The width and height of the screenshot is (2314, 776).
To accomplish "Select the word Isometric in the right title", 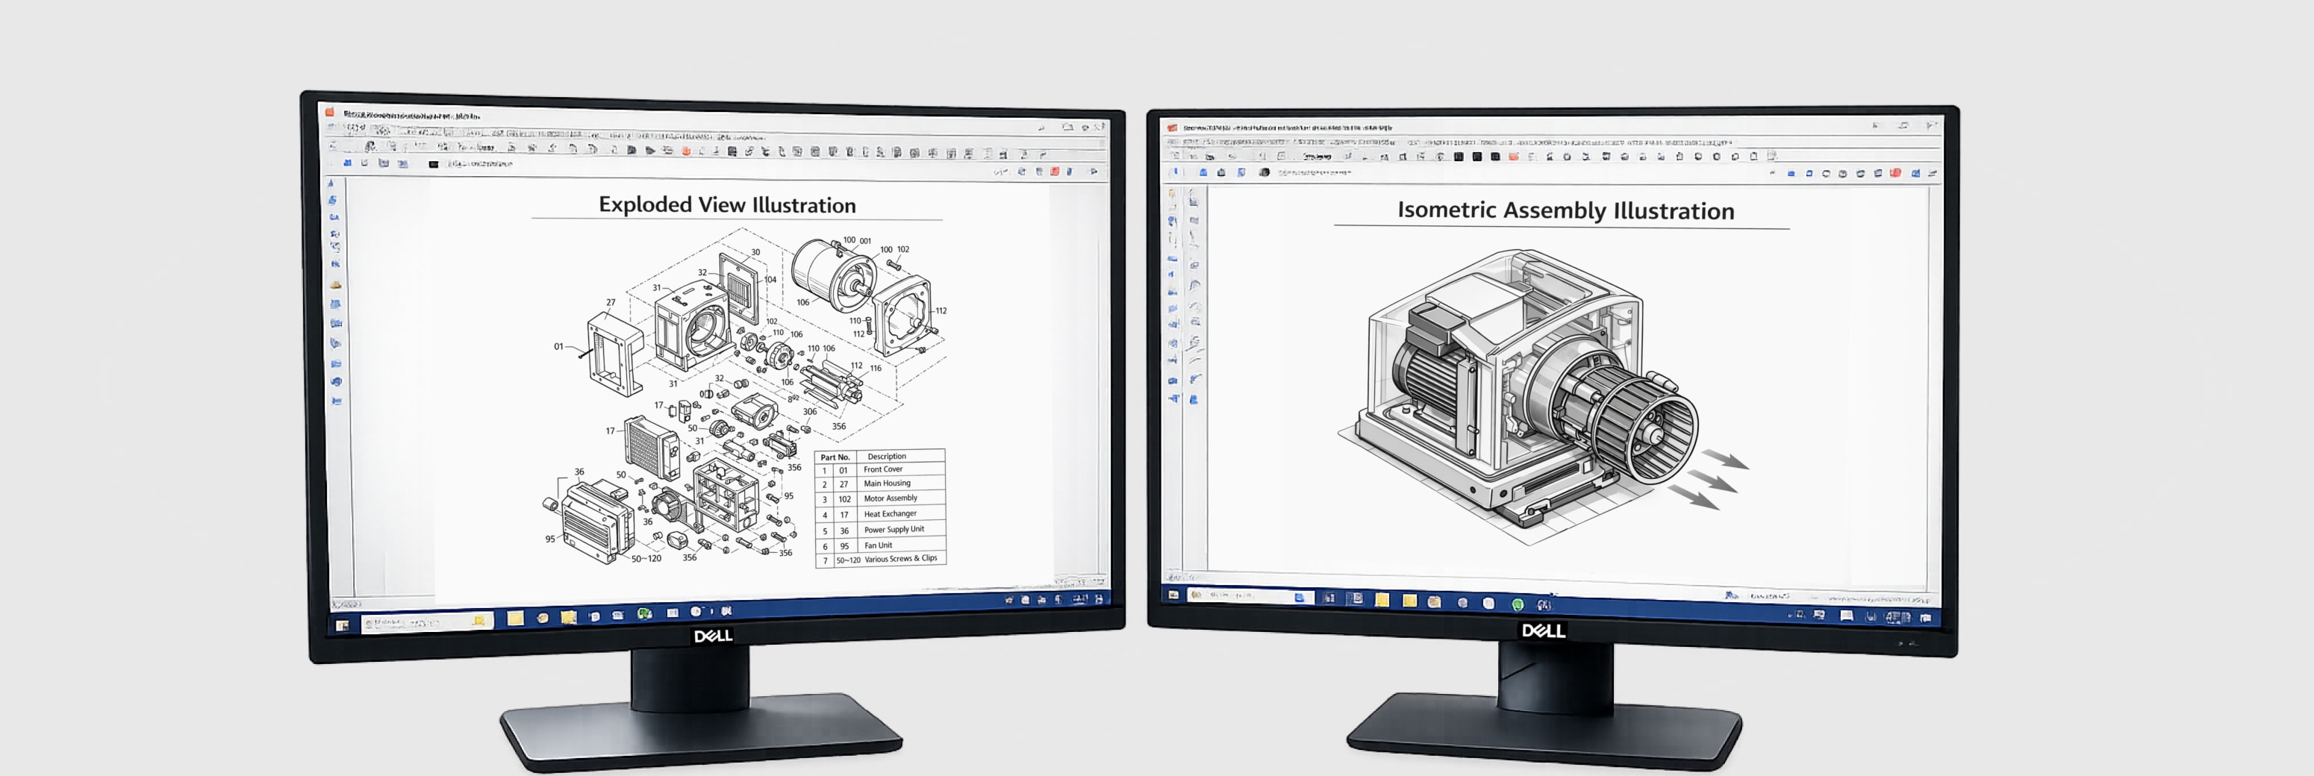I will click(x=1447, y=210).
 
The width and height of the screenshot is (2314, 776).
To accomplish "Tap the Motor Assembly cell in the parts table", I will click(x=891, y=498).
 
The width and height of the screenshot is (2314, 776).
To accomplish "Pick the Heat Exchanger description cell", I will click(x=891, y=515).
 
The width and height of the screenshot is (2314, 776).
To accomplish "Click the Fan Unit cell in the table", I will click(x=879, y=545).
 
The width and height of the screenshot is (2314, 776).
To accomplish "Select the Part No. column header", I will click(x=835, y=457).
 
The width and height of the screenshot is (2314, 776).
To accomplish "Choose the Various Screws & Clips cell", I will click(x=900, y=559).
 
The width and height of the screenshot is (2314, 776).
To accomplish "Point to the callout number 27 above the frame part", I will click(x=611, y=303).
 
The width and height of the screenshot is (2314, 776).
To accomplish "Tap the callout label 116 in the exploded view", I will click(x=876, y=369).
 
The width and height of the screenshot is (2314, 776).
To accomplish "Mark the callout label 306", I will click(x=809, y=411).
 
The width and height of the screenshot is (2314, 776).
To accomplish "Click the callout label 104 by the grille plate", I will click(x=770, y=279).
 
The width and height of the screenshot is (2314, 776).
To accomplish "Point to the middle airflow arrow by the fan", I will click(x=1712, y=481).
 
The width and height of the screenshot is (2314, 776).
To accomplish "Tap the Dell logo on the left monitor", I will click(x=712, y=636).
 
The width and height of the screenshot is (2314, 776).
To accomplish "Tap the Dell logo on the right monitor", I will click(x=1543, y=630).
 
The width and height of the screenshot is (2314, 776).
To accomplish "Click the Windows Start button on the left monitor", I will click(x=343, y=625).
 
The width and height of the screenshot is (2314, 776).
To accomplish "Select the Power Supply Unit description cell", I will click(x=894, y=530).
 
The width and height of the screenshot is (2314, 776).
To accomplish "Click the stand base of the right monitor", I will click(x=1545, y=732).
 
